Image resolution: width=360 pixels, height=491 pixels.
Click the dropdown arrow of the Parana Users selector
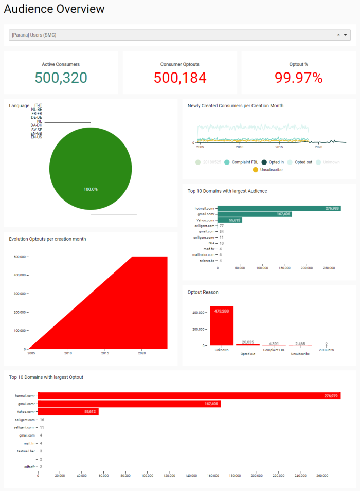pos(346,35)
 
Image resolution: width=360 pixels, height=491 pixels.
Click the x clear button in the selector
pos(338,35)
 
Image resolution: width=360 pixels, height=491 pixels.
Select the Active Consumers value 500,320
pos(61,78)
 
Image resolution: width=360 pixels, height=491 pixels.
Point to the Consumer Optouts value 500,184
pos(180,78)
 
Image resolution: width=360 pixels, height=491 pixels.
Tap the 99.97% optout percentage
pos(299,78)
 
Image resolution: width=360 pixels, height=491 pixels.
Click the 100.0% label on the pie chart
pos(91,189)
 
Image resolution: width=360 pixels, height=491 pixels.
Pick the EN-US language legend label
pos(36,137)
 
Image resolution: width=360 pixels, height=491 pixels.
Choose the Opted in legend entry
pos(273,162)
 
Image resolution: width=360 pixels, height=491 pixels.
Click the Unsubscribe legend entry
pos(267,170)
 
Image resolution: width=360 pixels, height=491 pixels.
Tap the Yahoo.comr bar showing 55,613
pos(229,220)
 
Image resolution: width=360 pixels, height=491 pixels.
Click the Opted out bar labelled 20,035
pos(247,344)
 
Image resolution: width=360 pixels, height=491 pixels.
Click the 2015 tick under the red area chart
pos(105,353)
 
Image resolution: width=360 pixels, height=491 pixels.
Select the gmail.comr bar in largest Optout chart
pos(129,404)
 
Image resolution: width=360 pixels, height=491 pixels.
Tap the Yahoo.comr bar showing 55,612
pos(68,412)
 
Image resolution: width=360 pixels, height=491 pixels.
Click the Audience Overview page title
pos(54,9)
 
